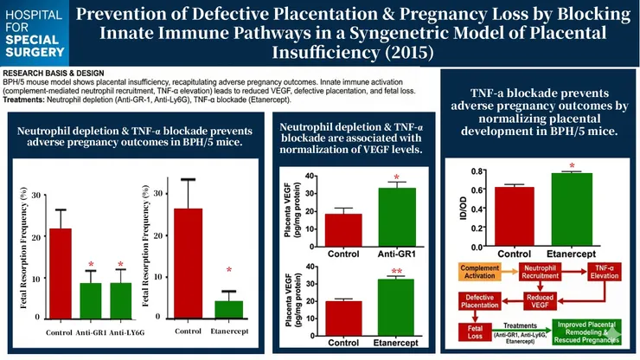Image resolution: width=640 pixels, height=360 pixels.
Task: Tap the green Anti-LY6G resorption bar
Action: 120,300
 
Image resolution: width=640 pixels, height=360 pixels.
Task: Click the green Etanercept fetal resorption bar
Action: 229,309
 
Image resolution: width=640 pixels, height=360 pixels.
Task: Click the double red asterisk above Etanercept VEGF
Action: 396,271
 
